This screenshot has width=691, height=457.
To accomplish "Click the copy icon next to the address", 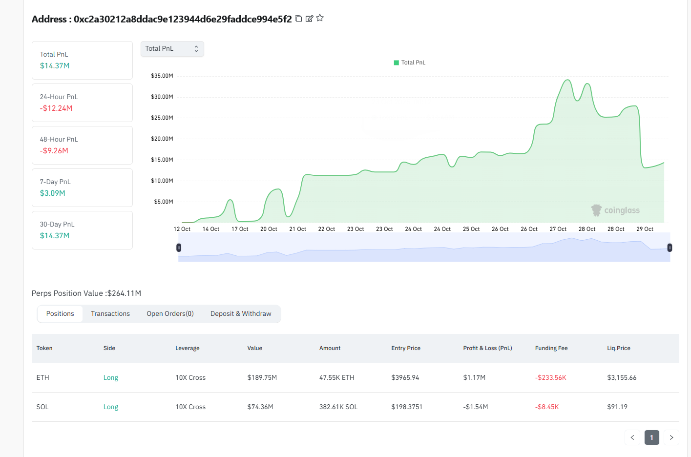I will coord(298,19).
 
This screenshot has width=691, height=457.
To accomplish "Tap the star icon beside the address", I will coord(320,18).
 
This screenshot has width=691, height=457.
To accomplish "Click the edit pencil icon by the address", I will coord(309,19).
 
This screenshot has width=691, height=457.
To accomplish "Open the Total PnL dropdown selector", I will coord(172,49).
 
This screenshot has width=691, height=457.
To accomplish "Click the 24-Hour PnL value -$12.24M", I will coord(56,108).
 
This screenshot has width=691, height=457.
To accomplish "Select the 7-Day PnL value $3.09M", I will coord(53,193).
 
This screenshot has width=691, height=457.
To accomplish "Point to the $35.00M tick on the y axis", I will coord(162,76).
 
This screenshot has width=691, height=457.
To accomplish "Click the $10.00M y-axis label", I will coord(162,181).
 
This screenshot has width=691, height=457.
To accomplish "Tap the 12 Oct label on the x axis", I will coord(182,229).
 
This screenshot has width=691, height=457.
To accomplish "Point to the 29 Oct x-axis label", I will coord(645,229).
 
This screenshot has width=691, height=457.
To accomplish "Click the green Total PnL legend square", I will coord(397,62).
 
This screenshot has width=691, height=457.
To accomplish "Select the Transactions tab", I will coord(110,314).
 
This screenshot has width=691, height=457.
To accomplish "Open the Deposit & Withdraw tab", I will coord(241,314).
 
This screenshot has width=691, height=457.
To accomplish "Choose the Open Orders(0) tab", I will coord(170,314).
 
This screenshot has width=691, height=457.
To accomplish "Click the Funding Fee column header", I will coord(551,348).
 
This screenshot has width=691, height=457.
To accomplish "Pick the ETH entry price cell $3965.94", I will coord(405,377).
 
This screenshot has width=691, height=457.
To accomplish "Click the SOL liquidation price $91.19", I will coord(617,407).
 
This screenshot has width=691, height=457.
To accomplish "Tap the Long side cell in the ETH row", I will coord(111,377).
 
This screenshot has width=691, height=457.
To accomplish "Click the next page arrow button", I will coord(671,437).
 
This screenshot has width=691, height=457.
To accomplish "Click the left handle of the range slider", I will coord(179,248).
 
